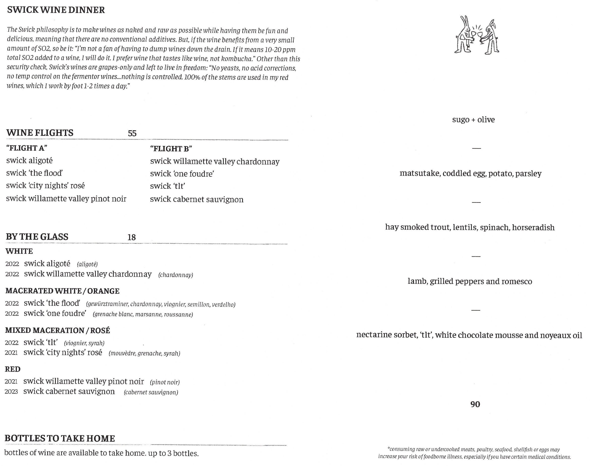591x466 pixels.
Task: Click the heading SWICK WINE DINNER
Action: pyautogui.click(x=56, y=10)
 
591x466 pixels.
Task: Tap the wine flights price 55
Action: pyautogui.click(x=132, y=133)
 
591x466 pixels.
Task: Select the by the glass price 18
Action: pyautogui.click(x=132, y=237)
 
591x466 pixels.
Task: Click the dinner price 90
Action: pyautogui.click(x=475, y=404)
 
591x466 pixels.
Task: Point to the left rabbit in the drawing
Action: pyautogui.click(x=464, y=35)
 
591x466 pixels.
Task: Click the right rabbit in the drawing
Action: pyautogui.click(x=491, y=37)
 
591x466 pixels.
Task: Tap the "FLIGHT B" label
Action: pyautogui.click(x=171, y=149)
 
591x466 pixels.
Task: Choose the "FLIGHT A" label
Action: pyautogui.click(x=27, y=148)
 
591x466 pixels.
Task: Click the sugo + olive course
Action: pyautogui.click(x=473, y=120)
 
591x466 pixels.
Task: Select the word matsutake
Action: pyautogui.click(x=420, y=174)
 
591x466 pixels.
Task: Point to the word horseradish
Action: pyautogui.click(x=533, y=227)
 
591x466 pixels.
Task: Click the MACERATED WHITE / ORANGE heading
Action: pyautogui.click(x=62, y=291)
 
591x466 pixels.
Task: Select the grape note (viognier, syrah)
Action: pyautogui.click(x=84, y=343)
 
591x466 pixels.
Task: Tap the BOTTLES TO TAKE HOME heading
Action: pyautogui.click(x=60, y=438)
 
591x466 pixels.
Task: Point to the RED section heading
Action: pyautogui.click(x=13, y=369)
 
